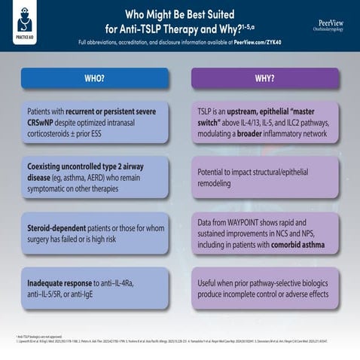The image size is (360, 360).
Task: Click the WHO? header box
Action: point(94,78)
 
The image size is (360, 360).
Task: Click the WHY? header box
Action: point(264,78)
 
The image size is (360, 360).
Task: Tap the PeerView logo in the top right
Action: point(333,26)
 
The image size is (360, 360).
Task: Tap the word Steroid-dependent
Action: point(53,227)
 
